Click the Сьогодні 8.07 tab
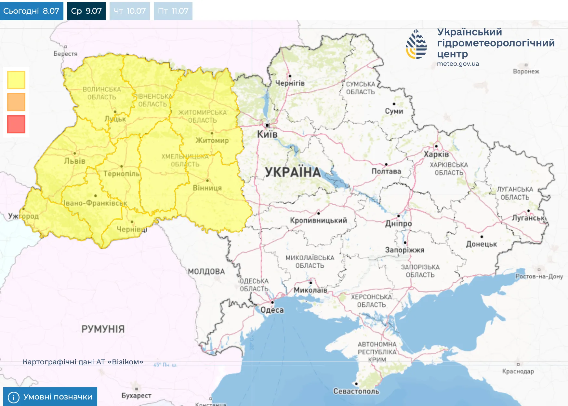pos(32,11)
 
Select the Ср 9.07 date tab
pos(86,11)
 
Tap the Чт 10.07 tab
pos(129,11)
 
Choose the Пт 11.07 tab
pos(173,11)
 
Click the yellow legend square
pos(16,80)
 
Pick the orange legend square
pos(16,102)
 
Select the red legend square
pos(16,124)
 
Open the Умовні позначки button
pos(50,397)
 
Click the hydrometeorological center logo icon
pos(416,44)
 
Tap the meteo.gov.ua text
pos(458,64)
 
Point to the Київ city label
pos(267,134)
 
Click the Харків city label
pos(436,154)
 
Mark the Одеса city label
pos(272,310)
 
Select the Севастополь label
pos(356,391)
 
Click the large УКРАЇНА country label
pos(293,172)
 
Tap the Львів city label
pos(75,161)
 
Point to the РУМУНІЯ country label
pos(103,329)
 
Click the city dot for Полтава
pos(386,164)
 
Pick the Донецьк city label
pos(481,244)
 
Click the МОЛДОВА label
pos(206,272)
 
